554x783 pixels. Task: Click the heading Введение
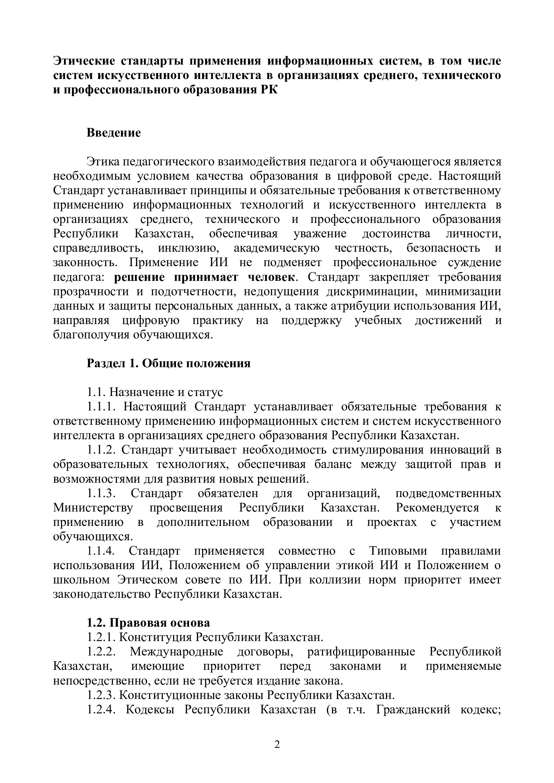[114, 133]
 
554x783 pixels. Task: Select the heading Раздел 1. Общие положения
[169, 363]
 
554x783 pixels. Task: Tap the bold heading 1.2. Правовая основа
[148, 622]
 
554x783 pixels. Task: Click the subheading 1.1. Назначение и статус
[155, 392]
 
